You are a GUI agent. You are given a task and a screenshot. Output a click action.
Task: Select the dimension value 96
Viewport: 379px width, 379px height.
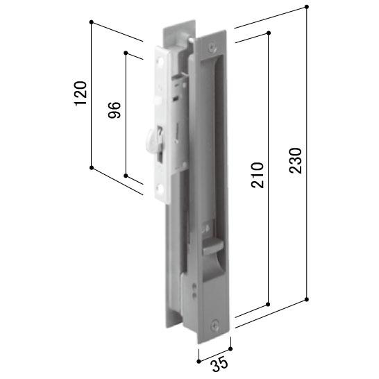click(115, 110)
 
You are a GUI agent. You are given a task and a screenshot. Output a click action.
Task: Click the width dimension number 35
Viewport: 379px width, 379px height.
click(215, 363)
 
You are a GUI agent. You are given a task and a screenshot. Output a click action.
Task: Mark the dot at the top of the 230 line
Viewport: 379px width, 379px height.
click(306, 7)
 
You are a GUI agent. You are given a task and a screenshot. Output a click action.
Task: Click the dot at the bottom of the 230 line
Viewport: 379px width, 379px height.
click(306, 300)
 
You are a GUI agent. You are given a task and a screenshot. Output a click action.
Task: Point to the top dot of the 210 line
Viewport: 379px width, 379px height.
click(268, 32)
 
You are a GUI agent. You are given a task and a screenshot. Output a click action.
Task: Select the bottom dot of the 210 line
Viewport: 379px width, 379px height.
click(268, 303)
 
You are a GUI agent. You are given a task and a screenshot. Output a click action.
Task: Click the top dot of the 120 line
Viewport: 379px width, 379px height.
click(92, 23)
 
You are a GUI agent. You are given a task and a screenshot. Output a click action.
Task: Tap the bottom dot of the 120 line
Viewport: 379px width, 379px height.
click(92, 167)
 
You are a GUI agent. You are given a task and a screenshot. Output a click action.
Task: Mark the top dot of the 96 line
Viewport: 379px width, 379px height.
click(126, 52)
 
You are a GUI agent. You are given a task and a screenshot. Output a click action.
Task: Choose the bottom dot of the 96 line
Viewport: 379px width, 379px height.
click(126, 176)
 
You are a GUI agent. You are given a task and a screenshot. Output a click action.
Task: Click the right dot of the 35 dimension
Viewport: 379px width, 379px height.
click(230, 349)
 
